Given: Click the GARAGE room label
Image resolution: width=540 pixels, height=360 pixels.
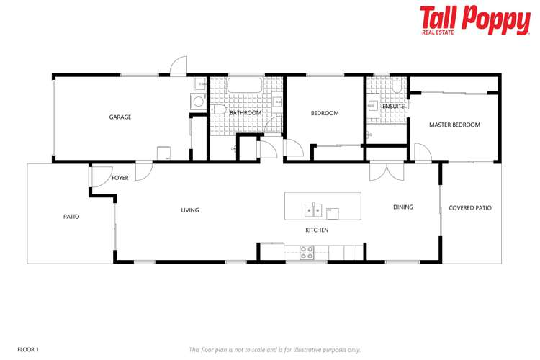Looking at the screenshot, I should click(120, 117).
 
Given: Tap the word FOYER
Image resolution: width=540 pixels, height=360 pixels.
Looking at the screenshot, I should click(120, 178).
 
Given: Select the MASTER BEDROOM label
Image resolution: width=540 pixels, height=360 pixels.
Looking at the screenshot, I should click(454, 125).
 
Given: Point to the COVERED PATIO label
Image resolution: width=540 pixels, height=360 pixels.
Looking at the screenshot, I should click(470, 208).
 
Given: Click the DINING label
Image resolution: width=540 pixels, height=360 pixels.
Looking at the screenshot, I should click(403, 207).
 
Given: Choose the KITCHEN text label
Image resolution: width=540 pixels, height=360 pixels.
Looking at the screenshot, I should click(317, 230).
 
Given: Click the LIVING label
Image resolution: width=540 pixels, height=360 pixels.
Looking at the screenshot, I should click(190, 210).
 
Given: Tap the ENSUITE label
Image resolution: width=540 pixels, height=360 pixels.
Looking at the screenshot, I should click(393, 107).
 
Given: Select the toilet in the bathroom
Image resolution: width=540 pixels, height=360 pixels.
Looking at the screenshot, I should click(218, 110).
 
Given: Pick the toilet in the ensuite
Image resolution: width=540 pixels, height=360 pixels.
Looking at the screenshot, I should click(397, 86).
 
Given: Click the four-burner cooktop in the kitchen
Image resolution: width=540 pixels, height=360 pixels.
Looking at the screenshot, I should click(307, 252).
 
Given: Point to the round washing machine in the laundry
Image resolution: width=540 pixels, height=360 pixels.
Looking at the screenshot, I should click(198, 102).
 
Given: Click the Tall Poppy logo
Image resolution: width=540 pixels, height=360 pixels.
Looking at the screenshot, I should click(474, 20).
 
